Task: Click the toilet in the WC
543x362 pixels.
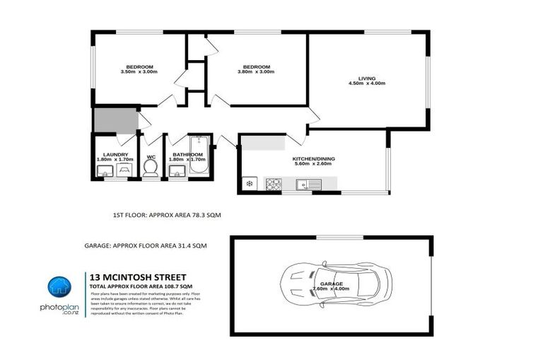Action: click(150, 168)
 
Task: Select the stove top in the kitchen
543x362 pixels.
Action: click(273, 185)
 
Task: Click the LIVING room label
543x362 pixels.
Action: click(366, 78)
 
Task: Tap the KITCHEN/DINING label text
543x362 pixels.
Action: click(312, 159)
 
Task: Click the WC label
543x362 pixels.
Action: click(151, 156)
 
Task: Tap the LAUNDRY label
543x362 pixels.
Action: click(115, 154)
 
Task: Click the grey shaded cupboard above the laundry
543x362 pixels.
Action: click(115, 120)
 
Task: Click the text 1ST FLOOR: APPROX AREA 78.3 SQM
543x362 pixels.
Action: click(173, 214)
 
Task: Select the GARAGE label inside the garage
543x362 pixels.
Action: click(326, 284)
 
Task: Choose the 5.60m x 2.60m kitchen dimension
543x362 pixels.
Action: click(312, 164)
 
